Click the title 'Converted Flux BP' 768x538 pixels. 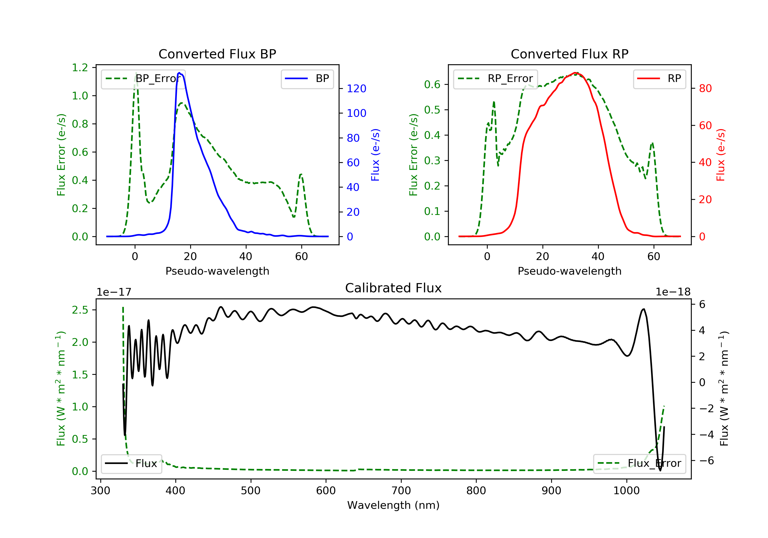click(x=217, y=54)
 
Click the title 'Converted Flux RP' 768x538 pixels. click(x=569, y=54)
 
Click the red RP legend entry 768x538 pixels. click(x=659, y=79)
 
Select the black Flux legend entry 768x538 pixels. click(x=132, y=463)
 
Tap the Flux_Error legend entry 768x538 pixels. click(x=639, y=463)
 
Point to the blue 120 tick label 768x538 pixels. click(x=357, y=89)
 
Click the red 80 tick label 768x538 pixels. click(x=706, y=88)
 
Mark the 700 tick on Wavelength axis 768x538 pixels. click(x=401, y=491)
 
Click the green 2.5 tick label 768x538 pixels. click(x=80, y=310)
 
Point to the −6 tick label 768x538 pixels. click(x=706, y=461)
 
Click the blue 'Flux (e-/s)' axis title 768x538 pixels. click(x=375, y=155)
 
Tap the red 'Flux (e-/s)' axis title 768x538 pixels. click(x=720, y=155)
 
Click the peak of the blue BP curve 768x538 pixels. click(x=179, y=73)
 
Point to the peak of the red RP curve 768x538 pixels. click(x=575, y=73)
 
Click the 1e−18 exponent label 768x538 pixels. click(x=673, y=292)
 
